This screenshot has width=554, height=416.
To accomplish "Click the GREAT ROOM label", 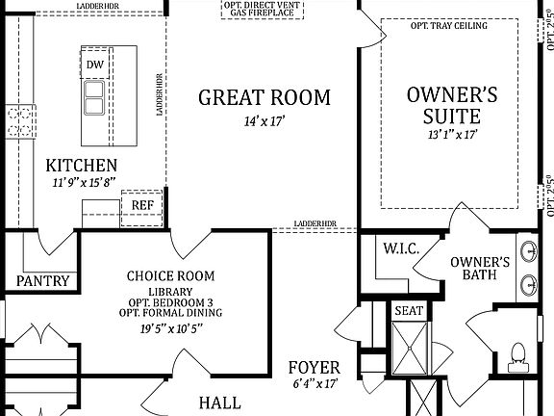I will coord(264,97).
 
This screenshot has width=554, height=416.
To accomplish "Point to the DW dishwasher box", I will coord(94,65).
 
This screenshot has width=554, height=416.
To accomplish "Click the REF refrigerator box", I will coord(141,205).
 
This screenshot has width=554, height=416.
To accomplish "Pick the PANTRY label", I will coord(43,281).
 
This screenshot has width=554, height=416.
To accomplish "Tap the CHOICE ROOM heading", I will coord(169,276).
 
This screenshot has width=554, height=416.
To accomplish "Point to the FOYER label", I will coord(314,368).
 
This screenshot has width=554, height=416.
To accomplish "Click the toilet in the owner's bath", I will coord(516,357).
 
